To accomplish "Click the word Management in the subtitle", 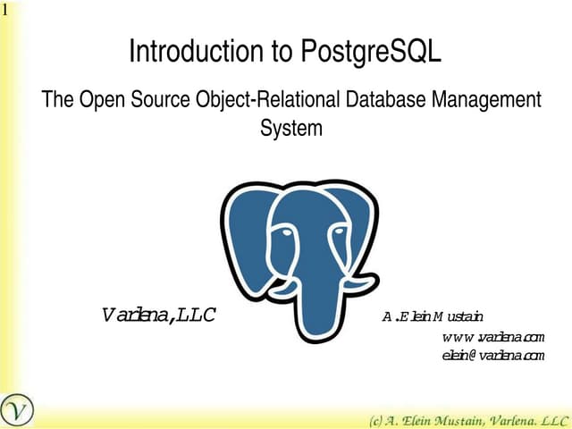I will point(486,99).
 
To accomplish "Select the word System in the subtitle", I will point(290,128).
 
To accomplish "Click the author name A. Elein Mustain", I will point(433,316).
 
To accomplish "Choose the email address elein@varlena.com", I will point(492,355).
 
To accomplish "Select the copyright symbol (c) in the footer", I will point(378,419).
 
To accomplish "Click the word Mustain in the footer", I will point(467,419).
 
